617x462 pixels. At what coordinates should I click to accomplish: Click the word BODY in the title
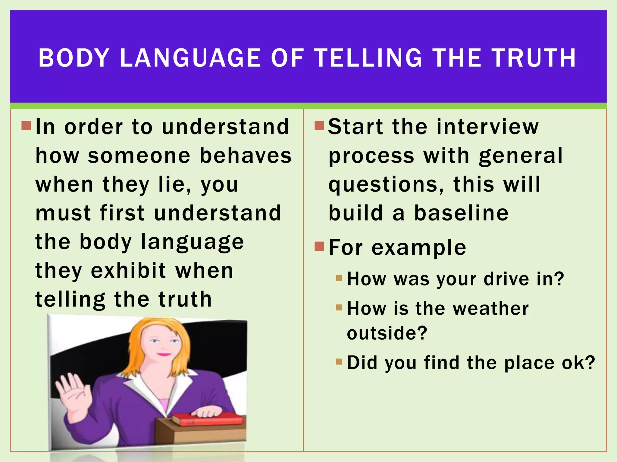[x=74, y=58]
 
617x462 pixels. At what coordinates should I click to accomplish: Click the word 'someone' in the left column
[x=139, y=156]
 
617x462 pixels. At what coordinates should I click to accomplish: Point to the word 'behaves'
[x=246, y=156]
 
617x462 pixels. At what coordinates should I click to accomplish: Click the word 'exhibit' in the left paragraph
[x=128, y=271]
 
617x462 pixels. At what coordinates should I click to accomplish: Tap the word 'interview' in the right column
[x=487, y=127]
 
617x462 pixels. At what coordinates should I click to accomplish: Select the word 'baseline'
[x=461, y=213]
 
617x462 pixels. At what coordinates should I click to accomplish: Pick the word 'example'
[x=419, y=248]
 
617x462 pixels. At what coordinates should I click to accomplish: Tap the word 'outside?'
[x=387, y=333]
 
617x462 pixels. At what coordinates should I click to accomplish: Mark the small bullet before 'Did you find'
[x=339, y=361]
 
